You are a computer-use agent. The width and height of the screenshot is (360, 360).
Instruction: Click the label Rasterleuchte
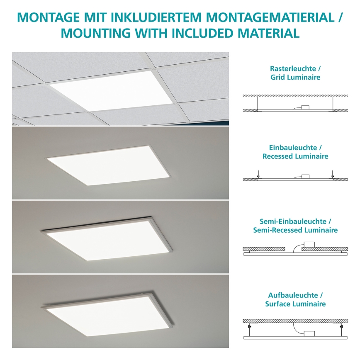click(x=293, y=68)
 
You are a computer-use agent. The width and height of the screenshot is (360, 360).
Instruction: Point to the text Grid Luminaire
click(x=295, y=77)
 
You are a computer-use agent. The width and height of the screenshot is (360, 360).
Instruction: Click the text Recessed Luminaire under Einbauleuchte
click(x=295, y=156)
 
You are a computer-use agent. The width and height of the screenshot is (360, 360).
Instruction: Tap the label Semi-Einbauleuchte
click(x=295, y=221)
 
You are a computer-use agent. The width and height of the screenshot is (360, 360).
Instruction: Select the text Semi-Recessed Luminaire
click(x=295, y=230)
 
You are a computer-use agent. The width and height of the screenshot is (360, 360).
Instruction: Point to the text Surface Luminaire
click(x=295, y=304)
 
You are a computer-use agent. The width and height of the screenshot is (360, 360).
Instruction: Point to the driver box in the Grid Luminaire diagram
click(x=305, y=107)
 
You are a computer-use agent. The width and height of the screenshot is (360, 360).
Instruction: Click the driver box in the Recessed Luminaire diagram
click(x=305, y=176)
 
